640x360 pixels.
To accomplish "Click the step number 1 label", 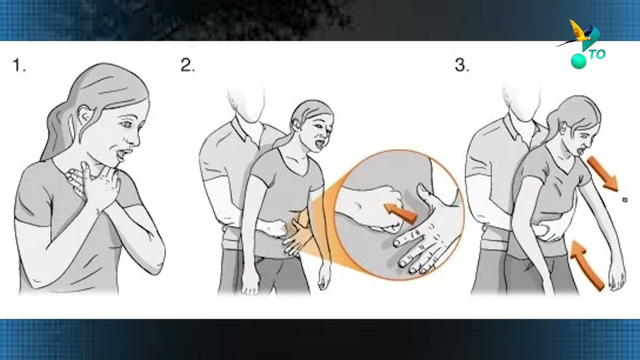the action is point(19,65).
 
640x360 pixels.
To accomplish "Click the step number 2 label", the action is point(187,65).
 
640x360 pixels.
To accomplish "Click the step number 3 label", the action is point(461,65).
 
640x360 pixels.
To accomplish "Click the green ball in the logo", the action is point(578,61).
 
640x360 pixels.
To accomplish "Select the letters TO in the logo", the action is point(597,54).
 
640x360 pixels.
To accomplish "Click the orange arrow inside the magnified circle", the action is point(399,212).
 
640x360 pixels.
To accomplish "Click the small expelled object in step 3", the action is point(625,200).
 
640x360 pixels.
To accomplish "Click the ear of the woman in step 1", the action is point(85,115).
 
